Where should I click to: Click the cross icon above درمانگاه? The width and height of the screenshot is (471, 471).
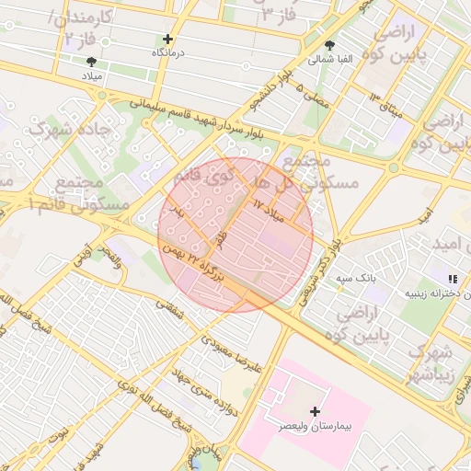pyautogui.click(x=167, y=40)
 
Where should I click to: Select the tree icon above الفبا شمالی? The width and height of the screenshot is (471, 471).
pyautogui.click(x=330, y=45)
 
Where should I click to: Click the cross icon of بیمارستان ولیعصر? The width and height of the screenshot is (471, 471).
pyautogui.click(x=316, y=411)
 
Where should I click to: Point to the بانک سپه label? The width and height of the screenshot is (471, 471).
pyautogui.click(x=353, y=276)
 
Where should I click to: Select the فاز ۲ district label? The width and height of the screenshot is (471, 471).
pyautogui.click(x=82, y=39)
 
